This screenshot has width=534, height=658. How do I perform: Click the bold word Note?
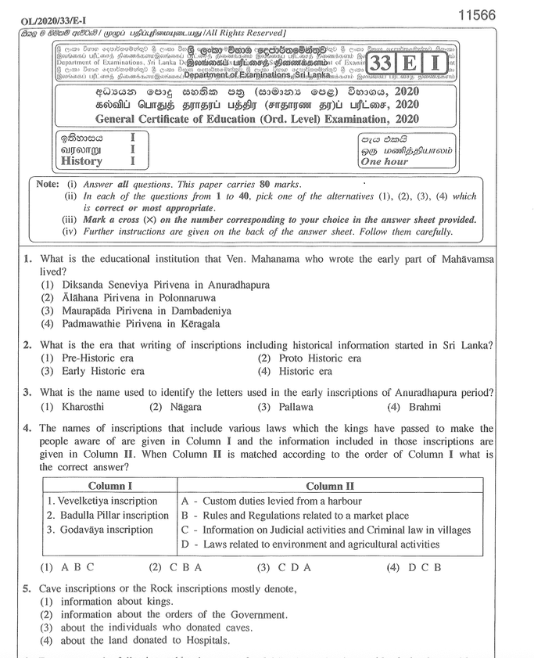pyautogui.click(x=48, y=184)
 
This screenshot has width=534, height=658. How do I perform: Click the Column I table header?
pyautogui.click(x=110, y=486)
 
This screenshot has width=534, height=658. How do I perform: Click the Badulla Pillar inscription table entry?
pyautogui.click(x=108, y=515)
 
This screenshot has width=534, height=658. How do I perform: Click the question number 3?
pyautogui.click(x=27, y=392)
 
